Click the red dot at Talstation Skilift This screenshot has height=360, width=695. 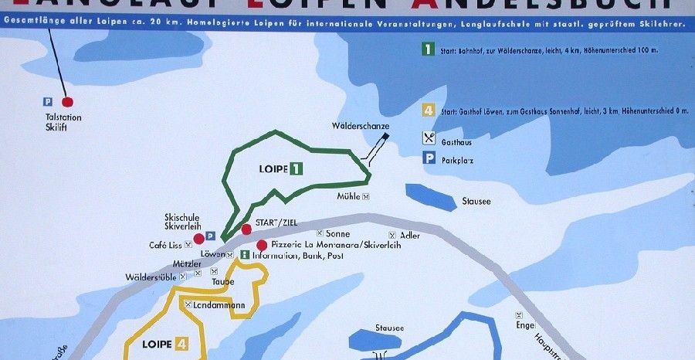click(x=67, y=101)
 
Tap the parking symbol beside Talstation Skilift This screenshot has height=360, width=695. click(x=47, y=101)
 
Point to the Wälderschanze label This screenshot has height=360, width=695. click(x=361, y=125)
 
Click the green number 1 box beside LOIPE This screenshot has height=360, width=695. click(x=296, y=168)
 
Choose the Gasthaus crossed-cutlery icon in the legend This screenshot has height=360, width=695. click(x=428, y=139)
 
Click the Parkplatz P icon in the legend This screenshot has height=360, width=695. click(x=428, y=159)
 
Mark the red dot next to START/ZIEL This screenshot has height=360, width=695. click(x=246, y=229)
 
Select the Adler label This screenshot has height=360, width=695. click(x=410, y=235)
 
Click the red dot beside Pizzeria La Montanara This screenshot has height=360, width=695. click(x=262, y=245)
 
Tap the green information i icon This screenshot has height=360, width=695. click(x=245, y=255)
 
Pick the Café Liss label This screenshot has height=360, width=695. click(x=164, y=245)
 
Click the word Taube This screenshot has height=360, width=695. click(x=222, y=281)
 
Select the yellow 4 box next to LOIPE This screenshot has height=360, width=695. click(x=181, y=344)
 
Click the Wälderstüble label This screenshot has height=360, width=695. click(x=151, y=277)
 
